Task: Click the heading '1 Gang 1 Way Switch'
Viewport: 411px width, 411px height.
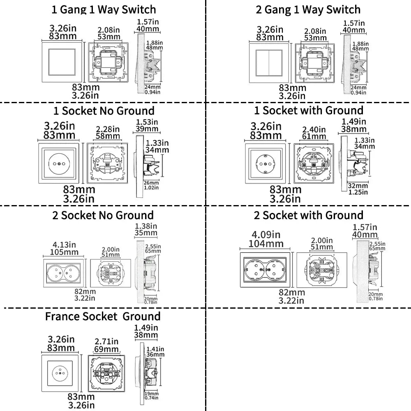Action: point(104,10)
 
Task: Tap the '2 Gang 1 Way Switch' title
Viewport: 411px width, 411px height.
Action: point(308,10)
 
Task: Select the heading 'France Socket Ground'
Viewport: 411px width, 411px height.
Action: point(103,316)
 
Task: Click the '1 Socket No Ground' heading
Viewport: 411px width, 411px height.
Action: point(104,111)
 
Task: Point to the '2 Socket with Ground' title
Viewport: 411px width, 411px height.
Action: point(309,215)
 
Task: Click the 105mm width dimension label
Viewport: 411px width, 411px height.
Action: point(64,252)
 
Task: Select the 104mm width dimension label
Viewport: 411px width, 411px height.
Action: point(266,244)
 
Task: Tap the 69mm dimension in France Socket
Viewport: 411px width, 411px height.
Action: point(106,349)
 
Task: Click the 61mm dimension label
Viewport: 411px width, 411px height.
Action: point(314,136)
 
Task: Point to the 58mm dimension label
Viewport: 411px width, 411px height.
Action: point(108,136)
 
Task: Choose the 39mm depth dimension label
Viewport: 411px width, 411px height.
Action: point(147,129)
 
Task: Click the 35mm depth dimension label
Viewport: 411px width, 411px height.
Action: point(146,233)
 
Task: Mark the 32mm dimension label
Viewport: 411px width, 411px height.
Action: point(358,186)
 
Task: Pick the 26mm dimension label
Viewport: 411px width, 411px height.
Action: point(151,183)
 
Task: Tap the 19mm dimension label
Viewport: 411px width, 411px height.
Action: point(152,393)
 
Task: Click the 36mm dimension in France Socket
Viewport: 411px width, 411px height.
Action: point(155,355)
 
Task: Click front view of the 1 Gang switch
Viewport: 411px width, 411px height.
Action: point(62,62)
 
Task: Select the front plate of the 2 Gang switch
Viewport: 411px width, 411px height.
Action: point(269,63)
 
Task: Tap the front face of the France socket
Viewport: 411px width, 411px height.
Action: point(60,373)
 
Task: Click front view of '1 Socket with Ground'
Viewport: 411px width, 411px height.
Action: point(265,163)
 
